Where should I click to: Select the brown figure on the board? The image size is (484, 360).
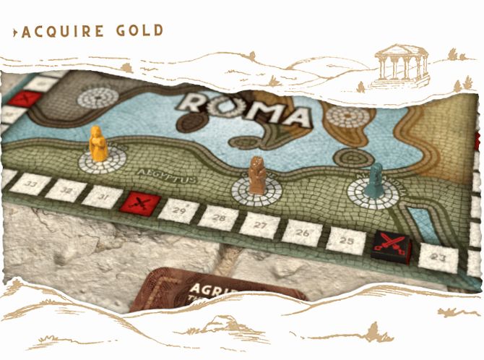coord(256,175)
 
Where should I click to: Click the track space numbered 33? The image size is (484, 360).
coord(30,184)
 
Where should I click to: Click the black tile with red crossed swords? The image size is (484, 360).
coord(391,248)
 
